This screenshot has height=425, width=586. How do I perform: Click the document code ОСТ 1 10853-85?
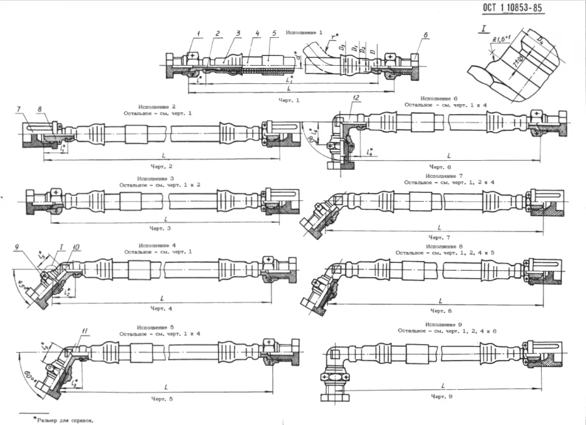pyautogui.click(x=512, y=8)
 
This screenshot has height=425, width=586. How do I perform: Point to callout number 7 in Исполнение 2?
pyautogui.click(x=19, y=109)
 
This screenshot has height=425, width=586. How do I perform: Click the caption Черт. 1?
pyautogui.click(x=288, y=101)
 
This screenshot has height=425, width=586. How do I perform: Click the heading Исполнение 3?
pyautogui.click(x=156, y=178)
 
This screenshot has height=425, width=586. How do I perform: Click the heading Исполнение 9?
pyautogui.click(x=443, y=323)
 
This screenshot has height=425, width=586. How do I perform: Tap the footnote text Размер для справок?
pyautogui.click(x=65, y=420)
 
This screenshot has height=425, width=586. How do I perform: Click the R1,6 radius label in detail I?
pyautogui.click(x=499, y=40)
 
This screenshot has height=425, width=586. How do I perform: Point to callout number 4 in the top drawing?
pyautogui.click(x=258, y=33)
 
